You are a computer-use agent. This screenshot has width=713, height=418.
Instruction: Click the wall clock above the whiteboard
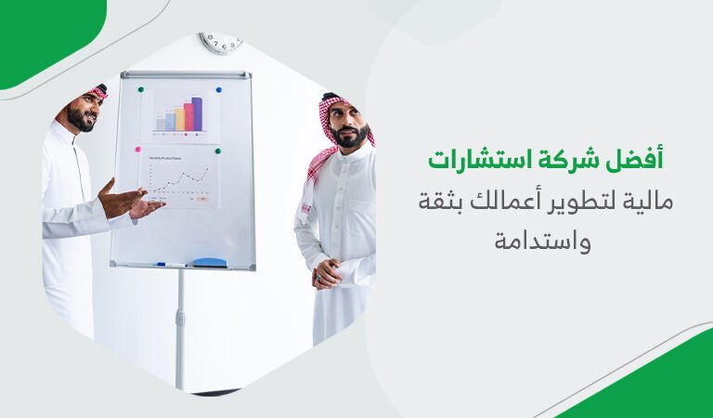[x=220, y=43]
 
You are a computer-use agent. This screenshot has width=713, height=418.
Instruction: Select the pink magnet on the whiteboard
[x=138, y=149]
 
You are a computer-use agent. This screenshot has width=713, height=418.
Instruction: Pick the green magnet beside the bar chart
[x=141, y=90]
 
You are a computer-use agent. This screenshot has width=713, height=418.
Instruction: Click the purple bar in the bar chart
[x=197, y=113]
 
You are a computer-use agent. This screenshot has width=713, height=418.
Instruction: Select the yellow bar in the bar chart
[x=170, y=121]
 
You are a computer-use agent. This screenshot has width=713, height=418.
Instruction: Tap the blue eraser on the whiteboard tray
[x=210, y=262]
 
